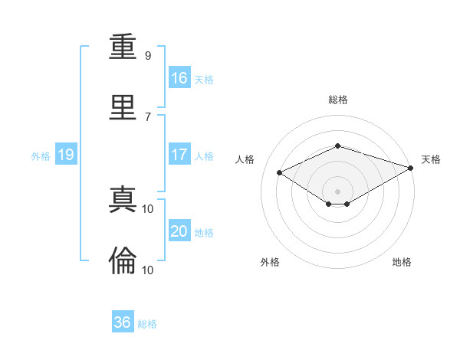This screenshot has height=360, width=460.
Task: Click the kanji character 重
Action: [x=123, y=48]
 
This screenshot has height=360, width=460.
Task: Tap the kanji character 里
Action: [x=123, y=106]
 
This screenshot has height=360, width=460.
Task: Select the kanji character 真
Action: [x=123, y=201]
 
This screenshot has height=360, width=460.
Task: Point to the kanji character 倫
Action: [x=123, y=260]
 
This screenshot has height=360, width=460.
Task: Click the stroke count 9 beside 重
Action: [x=147, y=56]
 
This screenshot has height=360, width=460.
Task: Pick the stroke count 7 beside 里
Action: [x=147, y=116]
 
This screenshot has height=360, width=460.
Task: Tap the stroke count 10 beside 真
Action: [x=148, y=209]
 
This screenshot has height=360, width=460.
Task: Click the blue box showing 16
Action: [x=179, y=77]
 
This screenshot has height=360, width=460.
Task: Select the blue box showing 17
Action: [x=179, y=155]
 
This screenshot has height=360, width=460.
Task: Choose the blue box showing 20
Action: [x=179, y=231]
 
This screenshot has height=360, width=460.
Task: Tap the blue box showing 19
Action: [x=66, y=155]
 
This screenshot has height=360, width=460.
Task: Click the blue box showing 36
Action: [x=123, y=322]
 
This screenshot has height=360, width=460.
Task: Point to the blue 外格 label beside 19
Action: [x=41, y=156]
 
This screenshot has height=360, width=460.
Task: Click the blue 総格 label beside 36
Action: [x=147, y=324]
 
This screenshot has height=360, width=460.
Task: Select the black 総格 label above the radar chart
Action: [x=337, y=100]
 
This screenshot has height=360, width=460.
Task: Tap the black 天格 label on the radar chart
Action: [x=432, y=159]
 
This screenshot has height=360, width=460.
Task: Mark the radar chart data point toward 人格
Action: [x=280, y=173]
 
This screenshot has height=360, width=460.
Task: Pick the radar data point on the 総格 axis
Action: [x=337, y=146]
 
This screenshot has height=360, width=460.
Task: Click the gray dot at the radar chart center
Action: [x=337, y=191]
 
